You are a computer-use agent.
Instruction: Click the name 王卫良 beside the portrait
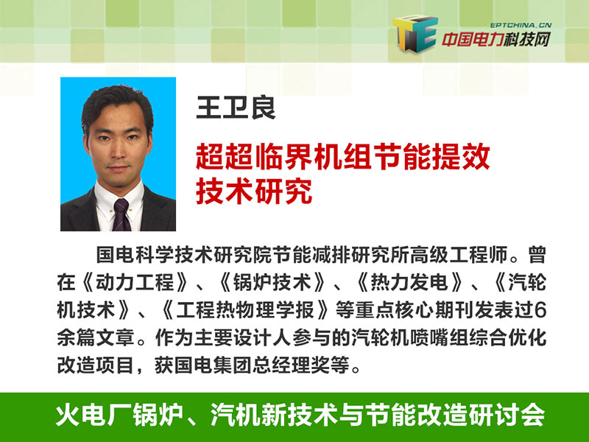pos(236,108)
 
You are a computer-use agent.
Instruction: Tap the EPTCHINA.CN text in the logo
pos(521,26)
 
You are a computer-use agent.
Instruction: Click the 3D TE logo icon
pos(415,34)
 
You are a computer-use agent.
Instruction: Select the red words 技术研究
pos(254,192)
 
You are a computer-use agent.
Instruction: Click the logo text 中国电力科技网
pos(495,40)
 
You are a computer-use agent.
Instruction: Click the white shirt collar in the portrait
pos(119,198)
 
